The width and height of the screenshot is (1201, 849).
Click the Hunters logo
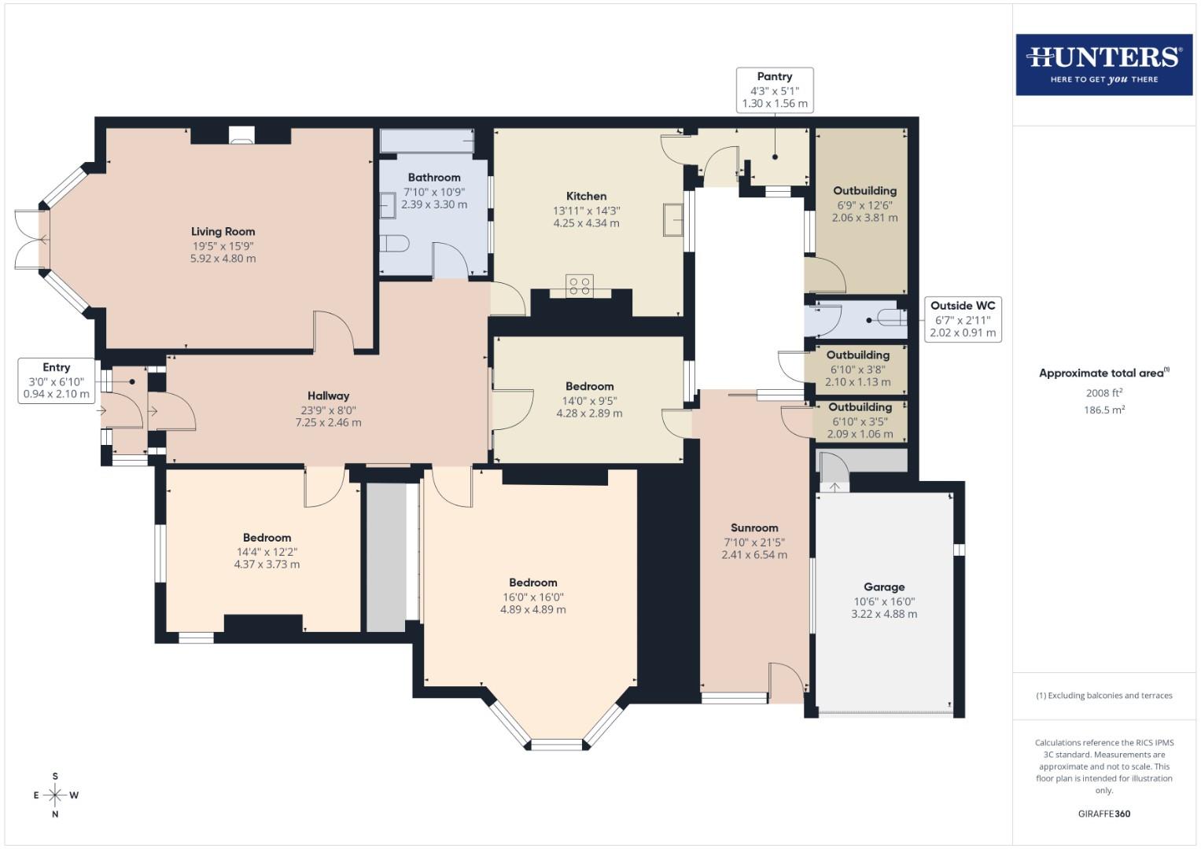point(1103,64)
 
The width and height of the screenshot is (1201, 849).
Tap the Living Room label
point(223,231)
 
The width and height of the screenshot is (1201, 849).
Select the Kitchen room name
point(586,196)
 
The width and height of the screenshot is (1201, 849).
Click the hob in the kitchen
point(580,286)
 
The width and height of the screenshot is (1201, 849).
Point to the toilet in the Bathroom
point(393,244)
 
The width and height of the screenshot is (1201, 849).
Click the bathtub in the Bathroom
point(427,141)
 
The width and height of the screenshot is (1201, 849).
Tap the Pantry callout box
point(774,90)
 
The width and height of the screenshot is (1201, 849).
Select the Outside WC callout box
point(962,319)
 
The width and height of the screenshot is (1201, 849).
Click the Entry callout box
point(57,380)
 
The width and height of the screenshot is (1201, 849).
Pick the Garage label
point(883,586)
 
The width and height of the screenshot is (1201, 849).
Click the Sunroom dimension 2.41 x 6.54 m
point(753,555)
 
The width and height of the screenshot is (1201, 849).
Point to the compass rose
point(55,795)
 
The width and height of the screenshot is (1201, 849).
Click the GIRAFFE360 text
point(1103,814)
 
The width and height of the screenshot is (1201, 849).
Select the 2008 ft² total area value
point(1103,393)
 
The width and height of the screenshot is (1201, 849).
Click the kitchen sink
point(672,219)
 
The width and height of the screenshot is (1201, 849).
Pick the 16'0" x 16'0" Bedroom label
point(532,583)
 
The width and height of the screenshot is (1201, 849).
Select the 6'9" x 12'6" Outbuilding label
point(864,190)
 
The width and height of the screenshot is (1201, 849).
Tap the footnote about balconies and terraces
point(1103,696)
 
